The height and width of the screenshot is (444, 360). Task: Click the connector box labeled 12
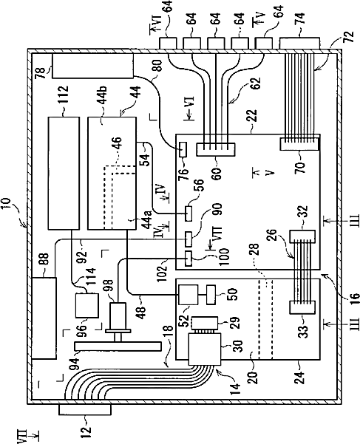(85, 409)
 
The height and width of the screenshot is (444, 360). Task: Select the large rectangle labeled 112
(64, 173)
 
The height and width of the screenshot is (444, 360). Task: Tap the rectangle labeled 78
(92, 66)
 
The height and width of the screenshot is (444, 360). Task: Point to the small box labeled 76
(183, 149)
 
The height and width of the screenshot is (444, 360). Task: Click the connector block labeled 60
(216, 149)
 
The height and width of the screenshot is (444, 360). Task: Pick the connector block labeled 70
(299, 144)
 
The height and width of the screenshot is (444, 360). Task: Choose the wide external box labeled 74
(299, 44)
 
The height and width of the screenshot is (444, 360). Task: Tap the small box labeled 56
(189, 214)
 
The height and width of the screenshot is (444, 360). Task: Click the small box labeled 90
(189, 239)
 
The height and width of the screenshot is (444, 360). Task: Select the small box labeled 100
(189, 259)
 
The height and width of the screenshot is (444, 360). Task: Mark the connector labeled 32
(302, 236)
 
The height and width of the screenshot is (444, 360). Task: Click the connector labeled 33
(302, 307)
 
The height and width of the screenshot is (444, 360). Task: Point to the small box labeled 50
(211, 295)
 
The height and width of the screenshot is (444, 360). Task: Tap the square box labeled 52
(188, 295)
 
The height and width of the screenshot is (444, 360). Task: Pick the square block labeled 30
(204, 349)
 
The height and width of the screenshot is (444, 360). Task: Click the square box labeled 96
(87, 306)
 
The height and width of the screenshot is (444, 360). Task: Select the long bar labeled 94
(118, 346)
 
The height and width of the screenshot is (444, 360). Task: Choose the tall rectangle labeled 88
(44, 318)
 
